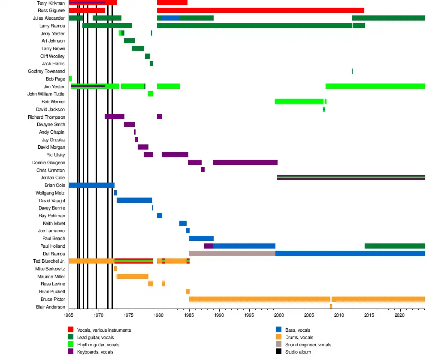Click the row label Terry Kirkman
(51, 3)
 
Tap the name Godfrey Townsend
(46, 71)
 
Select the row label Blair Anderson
(51, 307)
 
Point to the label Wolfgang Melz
(50, 193)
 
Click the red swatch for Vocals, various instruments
(71, 330)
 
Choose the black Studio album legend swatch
(278, 352)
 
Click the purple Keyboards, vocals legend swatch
(71, 352)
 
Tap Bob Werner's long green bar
(299, 102)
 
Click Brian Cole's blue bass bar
(91, 185)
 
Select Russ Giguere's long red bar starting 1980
(260, 10)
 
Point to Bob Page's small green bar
(70, 79)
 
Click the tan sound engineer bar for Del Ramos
(232, 253)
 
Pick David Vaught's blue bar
(134, 200)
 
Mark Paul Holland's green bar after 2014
(395, 246)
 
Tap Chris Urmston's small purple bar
(203, 170)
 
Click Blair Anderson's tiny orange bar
(331, 306)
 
